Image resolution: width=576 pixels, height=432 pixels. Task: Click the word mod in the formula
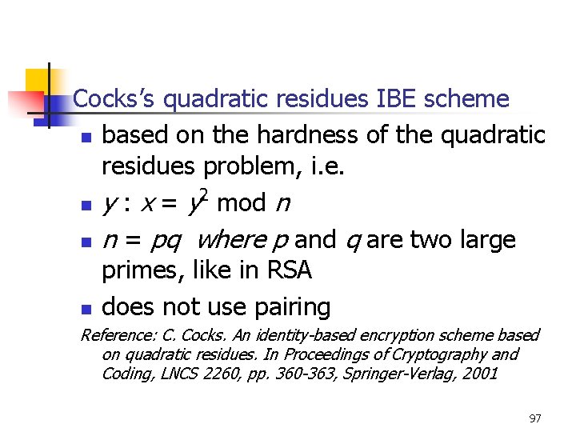241,203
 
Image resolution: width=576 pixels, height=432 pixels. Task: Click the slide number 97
535,418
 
